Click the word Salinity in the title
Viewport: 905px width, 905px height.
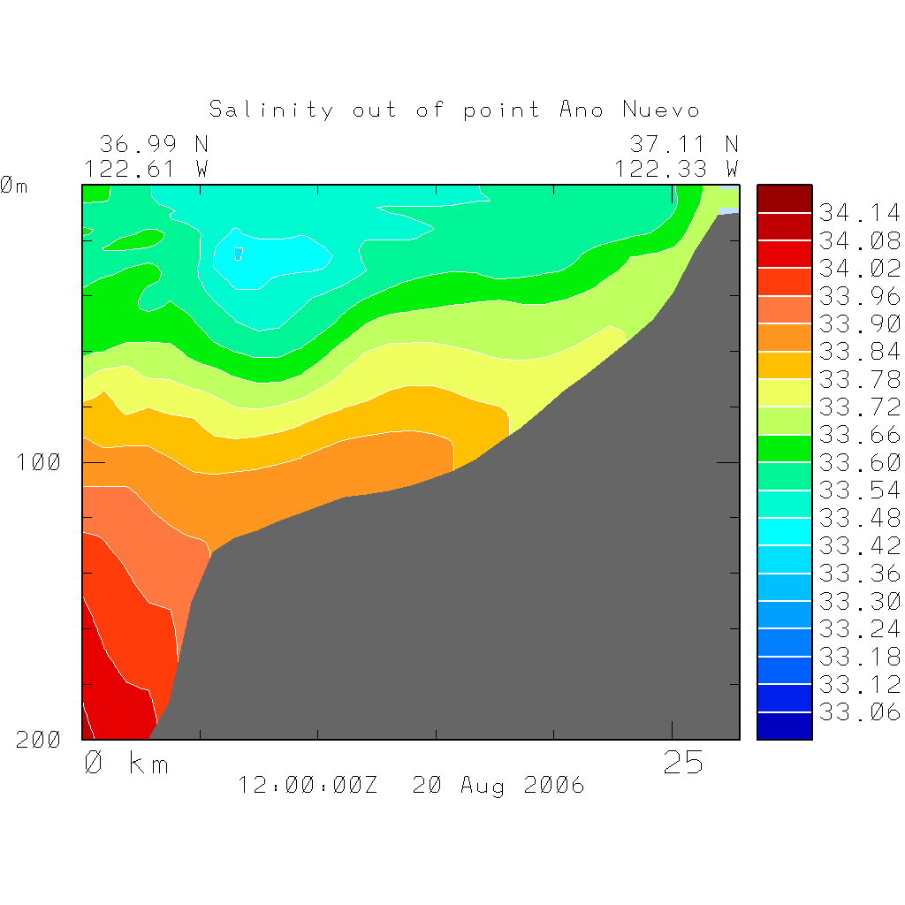coord(271,110)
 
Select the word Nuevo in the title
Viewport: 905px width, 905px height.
coord(661,110)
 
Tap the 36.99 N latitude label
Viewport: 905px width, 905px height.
coord(154,143)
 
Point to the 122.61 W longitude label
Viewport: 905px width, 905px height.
coord(146,168)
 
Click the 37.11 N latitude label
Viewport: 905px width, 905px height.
coord(683,143)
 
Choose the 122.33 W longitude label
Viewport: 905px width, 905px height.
coord(676,168)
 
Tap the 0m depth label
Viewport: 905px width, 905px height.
coord(13,186)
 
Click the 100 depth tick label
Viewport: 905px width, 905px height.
coord(39,462)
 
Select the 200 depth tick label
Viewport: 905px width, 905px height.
coord(39,740)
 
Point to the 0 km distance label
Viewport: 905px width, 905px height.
coord(125,763)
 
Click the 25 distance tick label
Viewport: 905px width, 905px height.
coord(683,763)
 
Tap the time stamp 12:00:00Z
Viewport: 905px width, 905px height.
coord(308,785)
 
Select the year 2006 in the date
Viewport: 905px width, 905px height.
coord(553,785)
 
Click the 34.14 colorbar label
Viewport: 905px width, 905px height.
coord(859,213)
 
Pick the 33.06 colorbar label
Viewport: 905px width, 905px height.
coord(859,711)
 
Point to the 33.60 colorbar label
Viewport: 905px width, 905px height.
coord(859,462)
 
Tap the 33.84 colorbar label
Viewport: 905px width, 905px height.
coord(859,352)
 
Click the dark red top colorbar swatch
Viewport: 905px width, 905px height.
coord(784,199)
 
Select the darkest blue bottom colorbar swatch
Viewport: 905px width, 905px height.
coord(784,726)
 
